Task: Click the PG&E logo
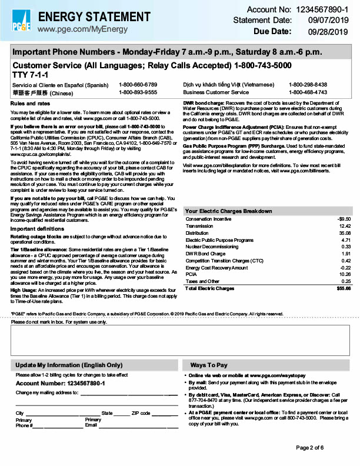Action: [x=21, y=19]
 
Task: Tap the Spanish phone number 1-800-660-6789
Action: [x=138, y=85]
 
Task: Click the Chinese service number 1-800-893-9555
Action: [x=138, y=92]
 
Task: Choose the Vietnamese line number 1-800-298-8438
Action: [x=308, y=85]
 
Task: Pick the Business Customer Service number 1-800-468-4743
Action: [x=308, y=92]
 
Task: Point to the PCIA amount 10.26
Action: [x=344, y=274]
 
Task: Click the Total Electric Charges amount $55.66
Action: [x=343, y=288]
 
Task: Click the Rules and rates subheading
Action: [x=30, y=104]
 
